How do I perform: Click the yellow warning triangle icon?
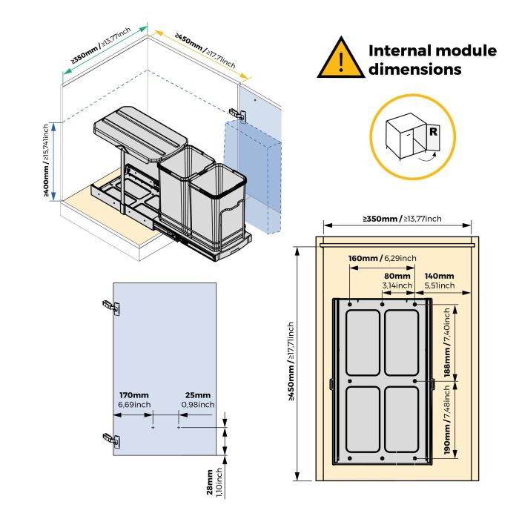[x=340, y=59]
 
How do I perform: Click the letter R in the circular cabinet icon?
[x=431, y=133]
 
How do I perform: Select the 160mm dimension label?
[x=363, y=258]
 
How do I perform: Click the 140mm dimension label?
[x=439, y=276]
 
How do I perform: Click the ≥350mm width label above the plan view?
[x=401, y=219]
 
